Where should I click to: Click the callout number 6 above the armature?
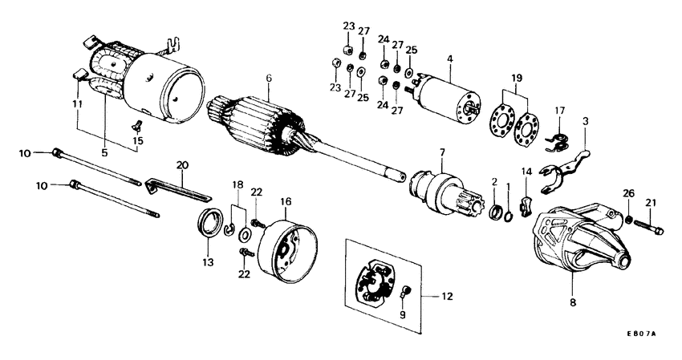tap(270, 79)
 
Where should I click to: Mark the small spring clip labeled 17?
tap(554, 141)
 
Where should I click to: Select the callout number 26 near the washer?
tap(628, 193)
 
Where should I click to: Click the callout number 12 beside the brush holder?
tap(445, 296)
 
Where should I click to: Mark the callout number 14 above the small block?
tap(526, 172)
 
